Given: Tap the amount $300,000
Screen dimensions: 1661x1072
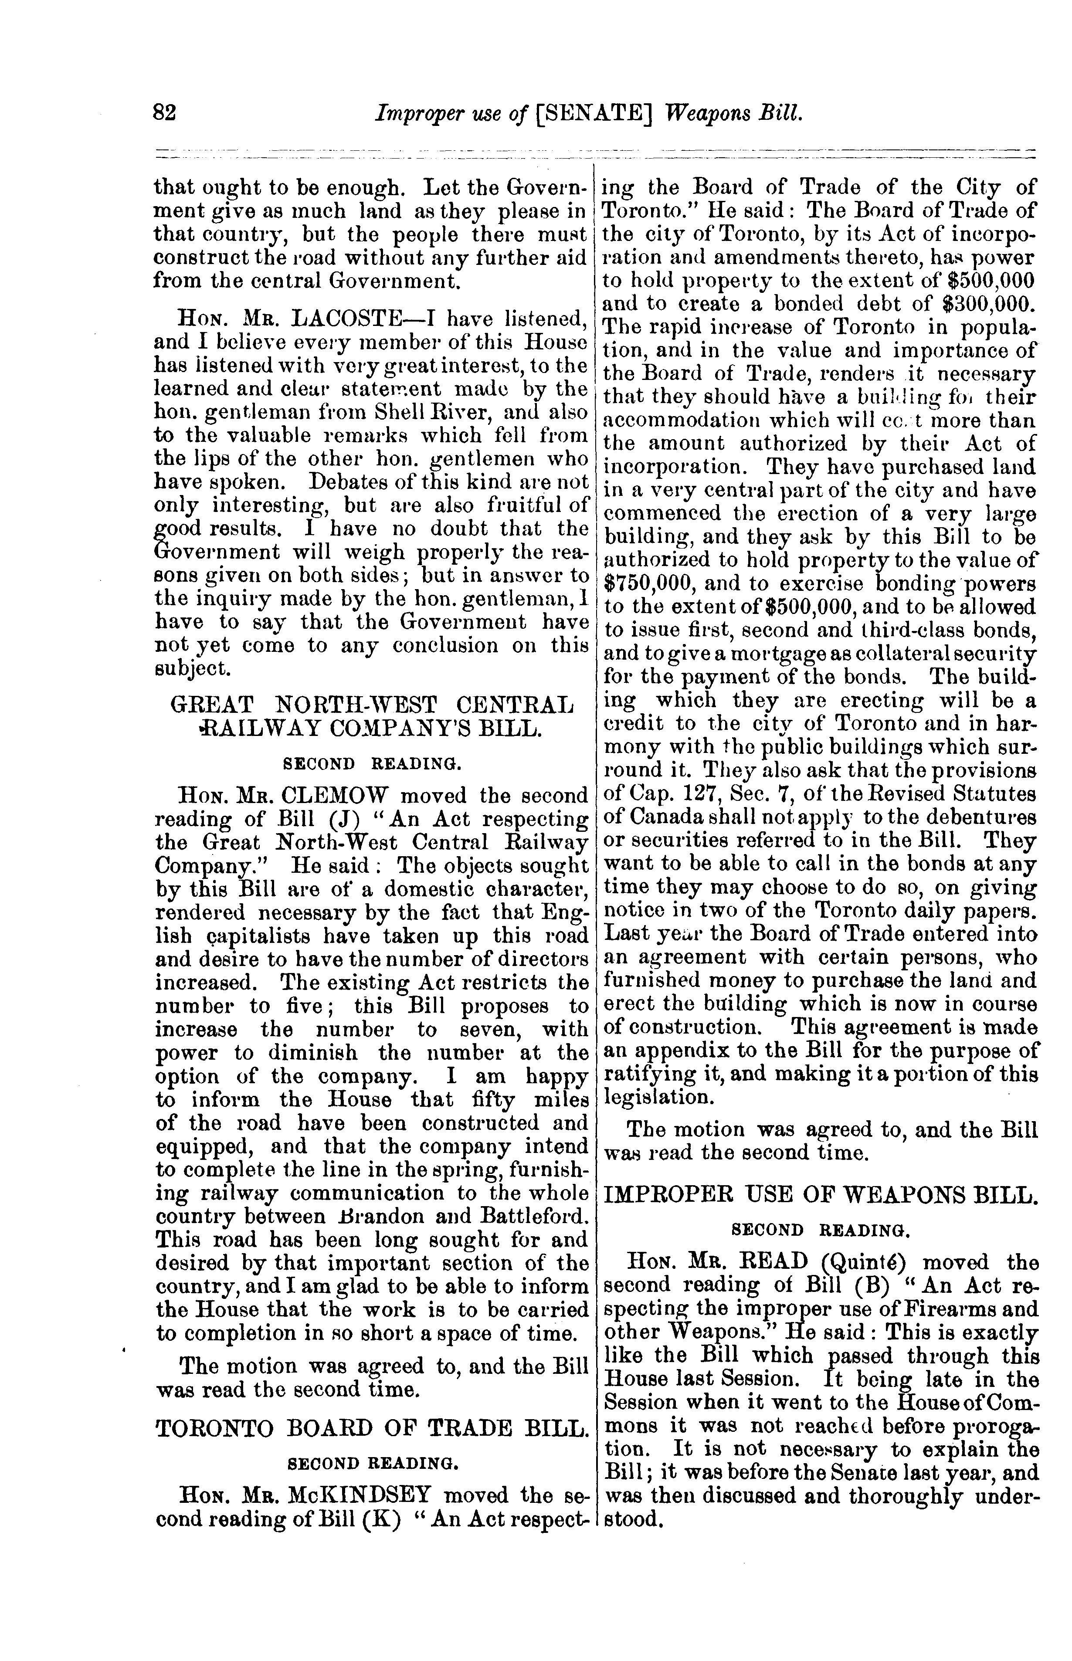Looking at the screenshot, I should pos(986,304).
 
